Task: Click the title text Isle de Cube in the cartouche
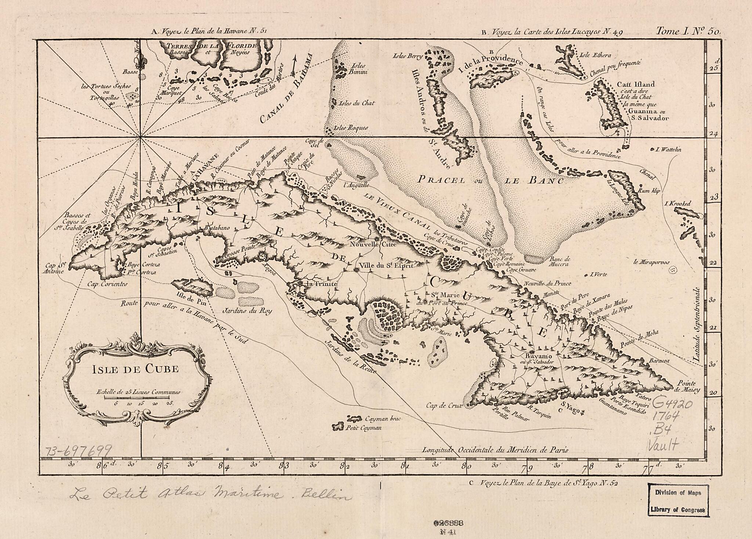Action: tap(135, 369)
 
